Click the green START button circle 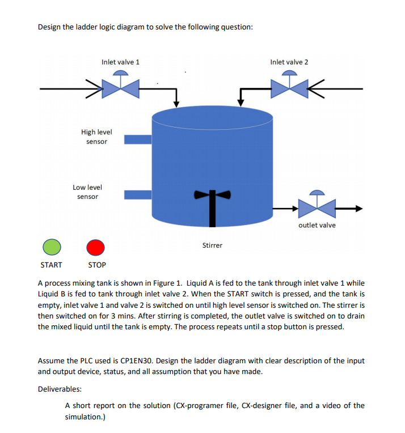tap(52, 247)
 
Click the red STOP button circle tap(96, 247)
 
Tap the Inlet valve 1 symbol tap(121, 87)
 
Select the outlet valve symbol tap(317, 207)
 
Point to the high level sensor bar tap(138, 139)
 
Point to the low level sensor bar tap(138, 194)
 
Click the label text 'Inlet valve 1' tap(120, 62)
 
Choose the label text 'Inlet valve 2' tap(289, 62)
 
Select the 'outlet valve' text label tap(317, 225)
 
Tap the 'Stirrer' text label tap(213, 245)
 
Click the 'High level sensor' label tap(96, 136)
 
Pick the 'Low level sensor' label tap(87, 192)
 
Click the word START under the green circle tap(51, 265)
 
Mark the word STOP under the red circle tap(97, 265)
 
